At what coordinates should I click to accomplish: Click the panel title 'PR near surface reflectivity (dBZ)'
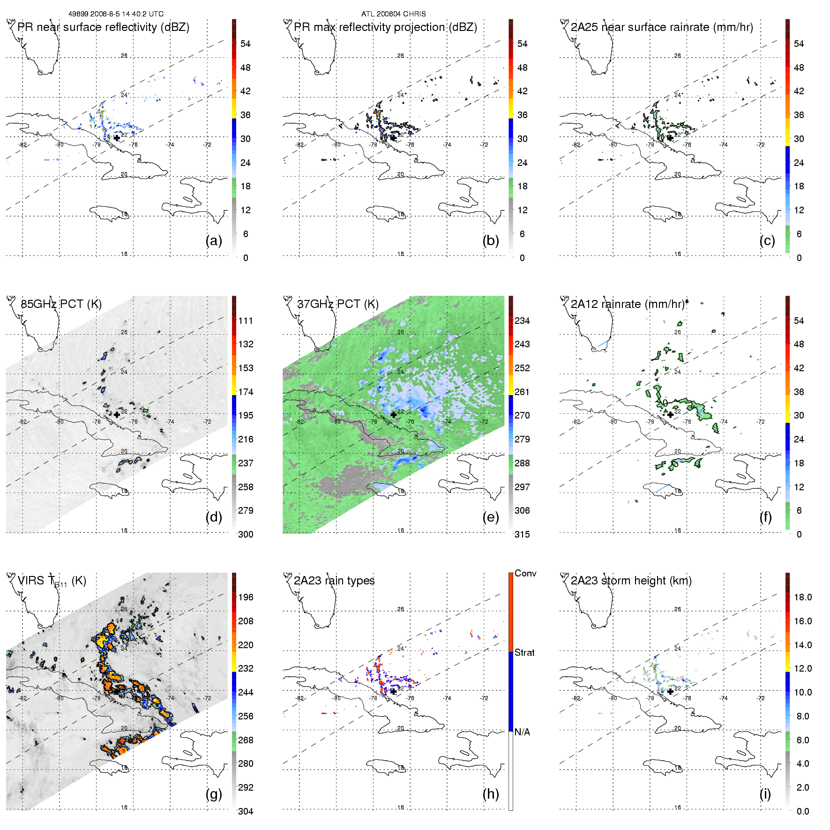click(103, 27)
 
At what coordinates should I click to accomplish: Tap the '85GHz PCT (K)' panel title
click(61, 304)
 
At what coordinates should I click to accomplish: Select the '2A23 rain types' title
click(334, 581)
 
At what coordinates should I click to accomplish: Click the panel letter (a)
click(214, 240)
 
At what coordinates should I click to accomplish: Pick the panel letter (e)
click(491, 517)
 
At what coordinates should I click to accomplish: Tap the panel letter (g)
click(214, 794)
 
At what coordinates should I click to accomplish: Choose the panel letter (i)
click(765, 794)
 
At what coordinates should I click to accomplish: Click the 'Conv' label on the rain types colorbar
click(525, 573)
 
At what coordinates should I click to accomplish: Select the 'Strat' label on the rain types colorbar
click(524, 652)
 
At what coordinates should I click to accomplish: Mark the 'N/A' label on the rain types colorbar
click(522, 732)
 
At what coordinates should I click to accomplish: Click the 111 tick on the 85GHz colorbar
click(246, 321)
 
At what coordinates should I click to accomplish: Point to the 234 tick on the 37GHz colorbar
click(522, 321)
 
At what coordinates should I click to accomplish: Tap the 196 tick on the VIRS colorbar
click(246, 597)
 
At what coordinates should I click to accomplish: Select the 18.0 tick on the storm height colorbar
click(803, 597)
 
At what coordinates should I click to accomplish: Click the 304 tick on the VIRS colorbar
click(246, 811)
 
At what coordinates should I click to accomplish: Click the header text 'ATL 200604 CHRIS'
click(393, 14)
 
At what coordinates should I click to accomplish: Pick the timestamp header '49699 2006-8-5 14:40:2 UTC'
click(116, 14)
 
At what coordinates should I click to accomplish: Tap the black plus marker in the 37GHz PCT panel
click(394, 415)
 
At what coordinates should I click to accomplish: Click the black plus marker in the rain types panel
click(394, 691)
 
